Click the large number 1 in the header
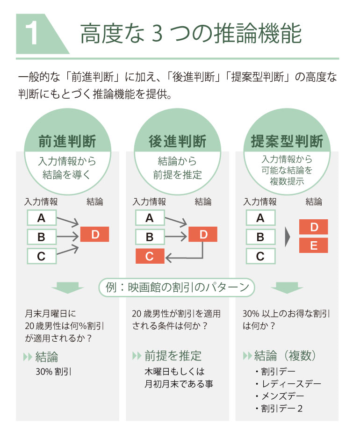32,34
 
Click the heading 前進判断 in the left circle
67,141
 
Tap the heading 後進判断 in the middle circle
178,141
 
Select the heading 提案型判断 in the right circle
287,141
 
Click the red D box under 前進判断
94,234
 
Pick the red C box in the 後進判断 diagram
150,256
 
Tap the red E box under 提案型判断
314,245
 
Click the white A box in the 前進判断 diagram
42,218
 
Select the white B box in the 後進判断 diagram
150,237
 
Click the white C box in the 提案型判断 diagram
260,256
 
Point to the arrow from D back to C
202,257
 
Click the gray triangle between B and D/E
288,237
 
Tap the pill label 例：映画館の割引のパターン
177,287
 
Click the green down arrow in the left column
67,288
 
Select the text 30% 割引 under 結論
53,372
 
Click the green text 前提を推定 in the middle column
173,356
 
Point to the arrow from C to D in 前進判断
67,250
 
